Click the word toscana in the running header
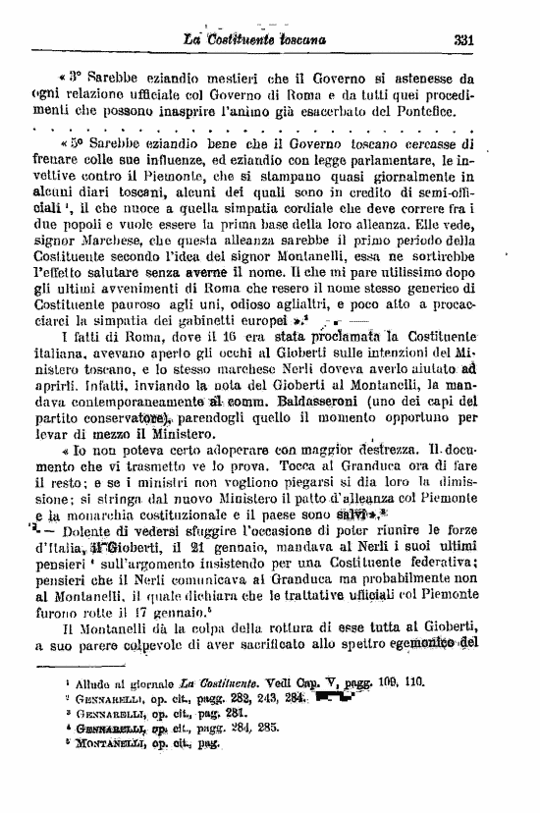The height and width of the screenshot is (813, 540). [x=298, y=40]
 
